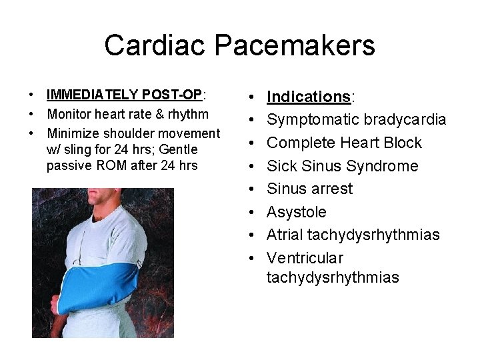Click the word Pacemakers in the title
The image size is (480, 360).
click(x=295, y=45)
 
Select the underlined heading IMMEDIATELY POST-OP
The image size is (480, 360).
click(x=124, y=95)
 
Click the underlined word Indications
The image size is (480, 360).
click(x=309, y=97)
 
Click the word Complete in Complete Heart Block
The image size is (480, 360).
click(x=298, y=143)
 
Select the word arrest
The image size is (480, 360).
click(x=331, y=189)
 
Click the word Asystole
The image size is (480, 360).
click(x=297, y=212)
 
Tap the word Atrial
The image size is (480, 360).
click(x=285, y=235)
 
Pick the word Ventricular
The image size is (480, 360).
click(x=305, y=258)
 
